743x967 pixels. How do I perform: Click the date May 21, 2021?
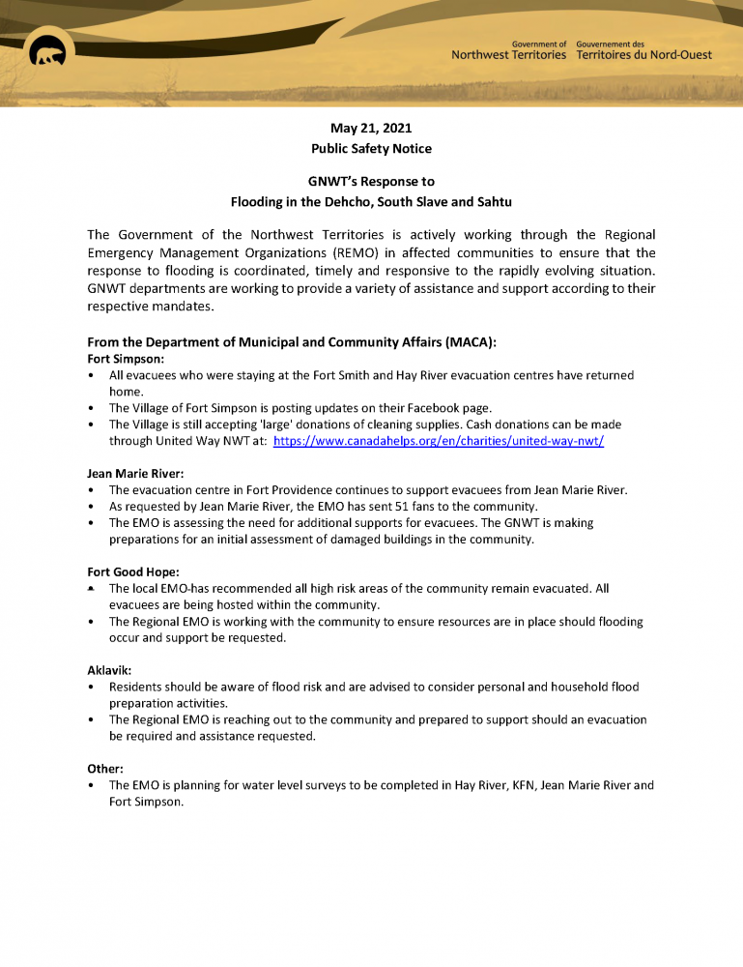[371, 128]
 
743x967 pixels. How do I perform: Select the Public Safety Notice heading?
[371, 149]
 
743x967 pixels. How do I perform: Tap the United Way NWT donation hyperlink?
[439, 440]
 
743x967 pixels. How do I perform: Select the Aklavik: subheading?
[108, 670]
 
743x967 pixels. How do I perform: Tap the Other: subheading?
[104, 769]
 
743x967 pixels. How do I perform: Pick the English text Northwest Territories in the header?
[508, 55]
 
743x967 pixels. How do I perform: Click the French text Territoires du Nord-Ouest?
[643, 55]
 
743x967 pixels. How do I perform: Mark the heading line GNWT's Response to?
[371, 182]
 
